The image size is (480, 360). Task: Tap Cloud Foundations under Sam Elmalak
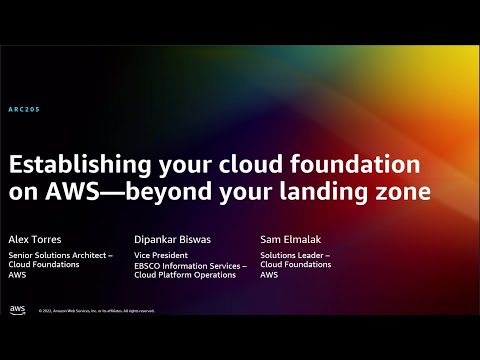click(296, 265)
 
